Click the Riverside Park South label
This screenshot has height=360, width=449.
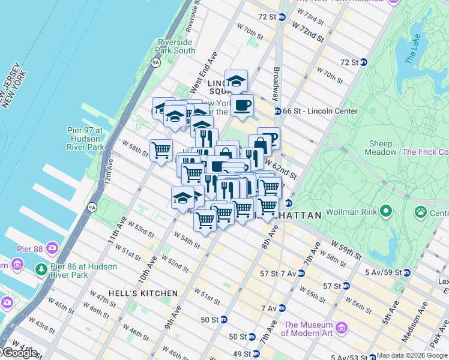click(176, 46)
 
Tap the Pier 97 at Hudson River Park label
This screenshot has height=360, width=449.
click(85, 138)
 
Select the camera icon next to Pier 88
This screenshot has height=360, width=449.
click(53, 247)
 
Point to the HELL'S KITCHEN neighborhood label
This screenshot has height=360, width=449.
click(143, 293)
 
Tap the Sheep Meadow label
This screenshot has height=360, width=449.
click(381, 148)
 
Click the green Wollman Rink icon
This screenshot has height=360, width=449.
click(386, 211)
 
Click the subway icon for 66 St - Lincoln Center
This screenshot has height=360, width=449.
click(278, 111)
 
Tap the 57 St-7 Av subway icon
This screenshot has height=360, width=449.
click(301, 273)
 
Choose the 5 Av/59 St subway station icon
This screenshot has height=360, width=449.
click(406, 272)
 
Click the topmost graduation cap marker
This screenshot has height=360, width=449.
click(236, 81)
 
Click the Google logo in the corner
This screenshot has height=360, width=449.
click(19, 353)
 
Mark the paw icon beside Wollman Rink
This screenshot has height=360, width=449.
click(421, 212)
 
